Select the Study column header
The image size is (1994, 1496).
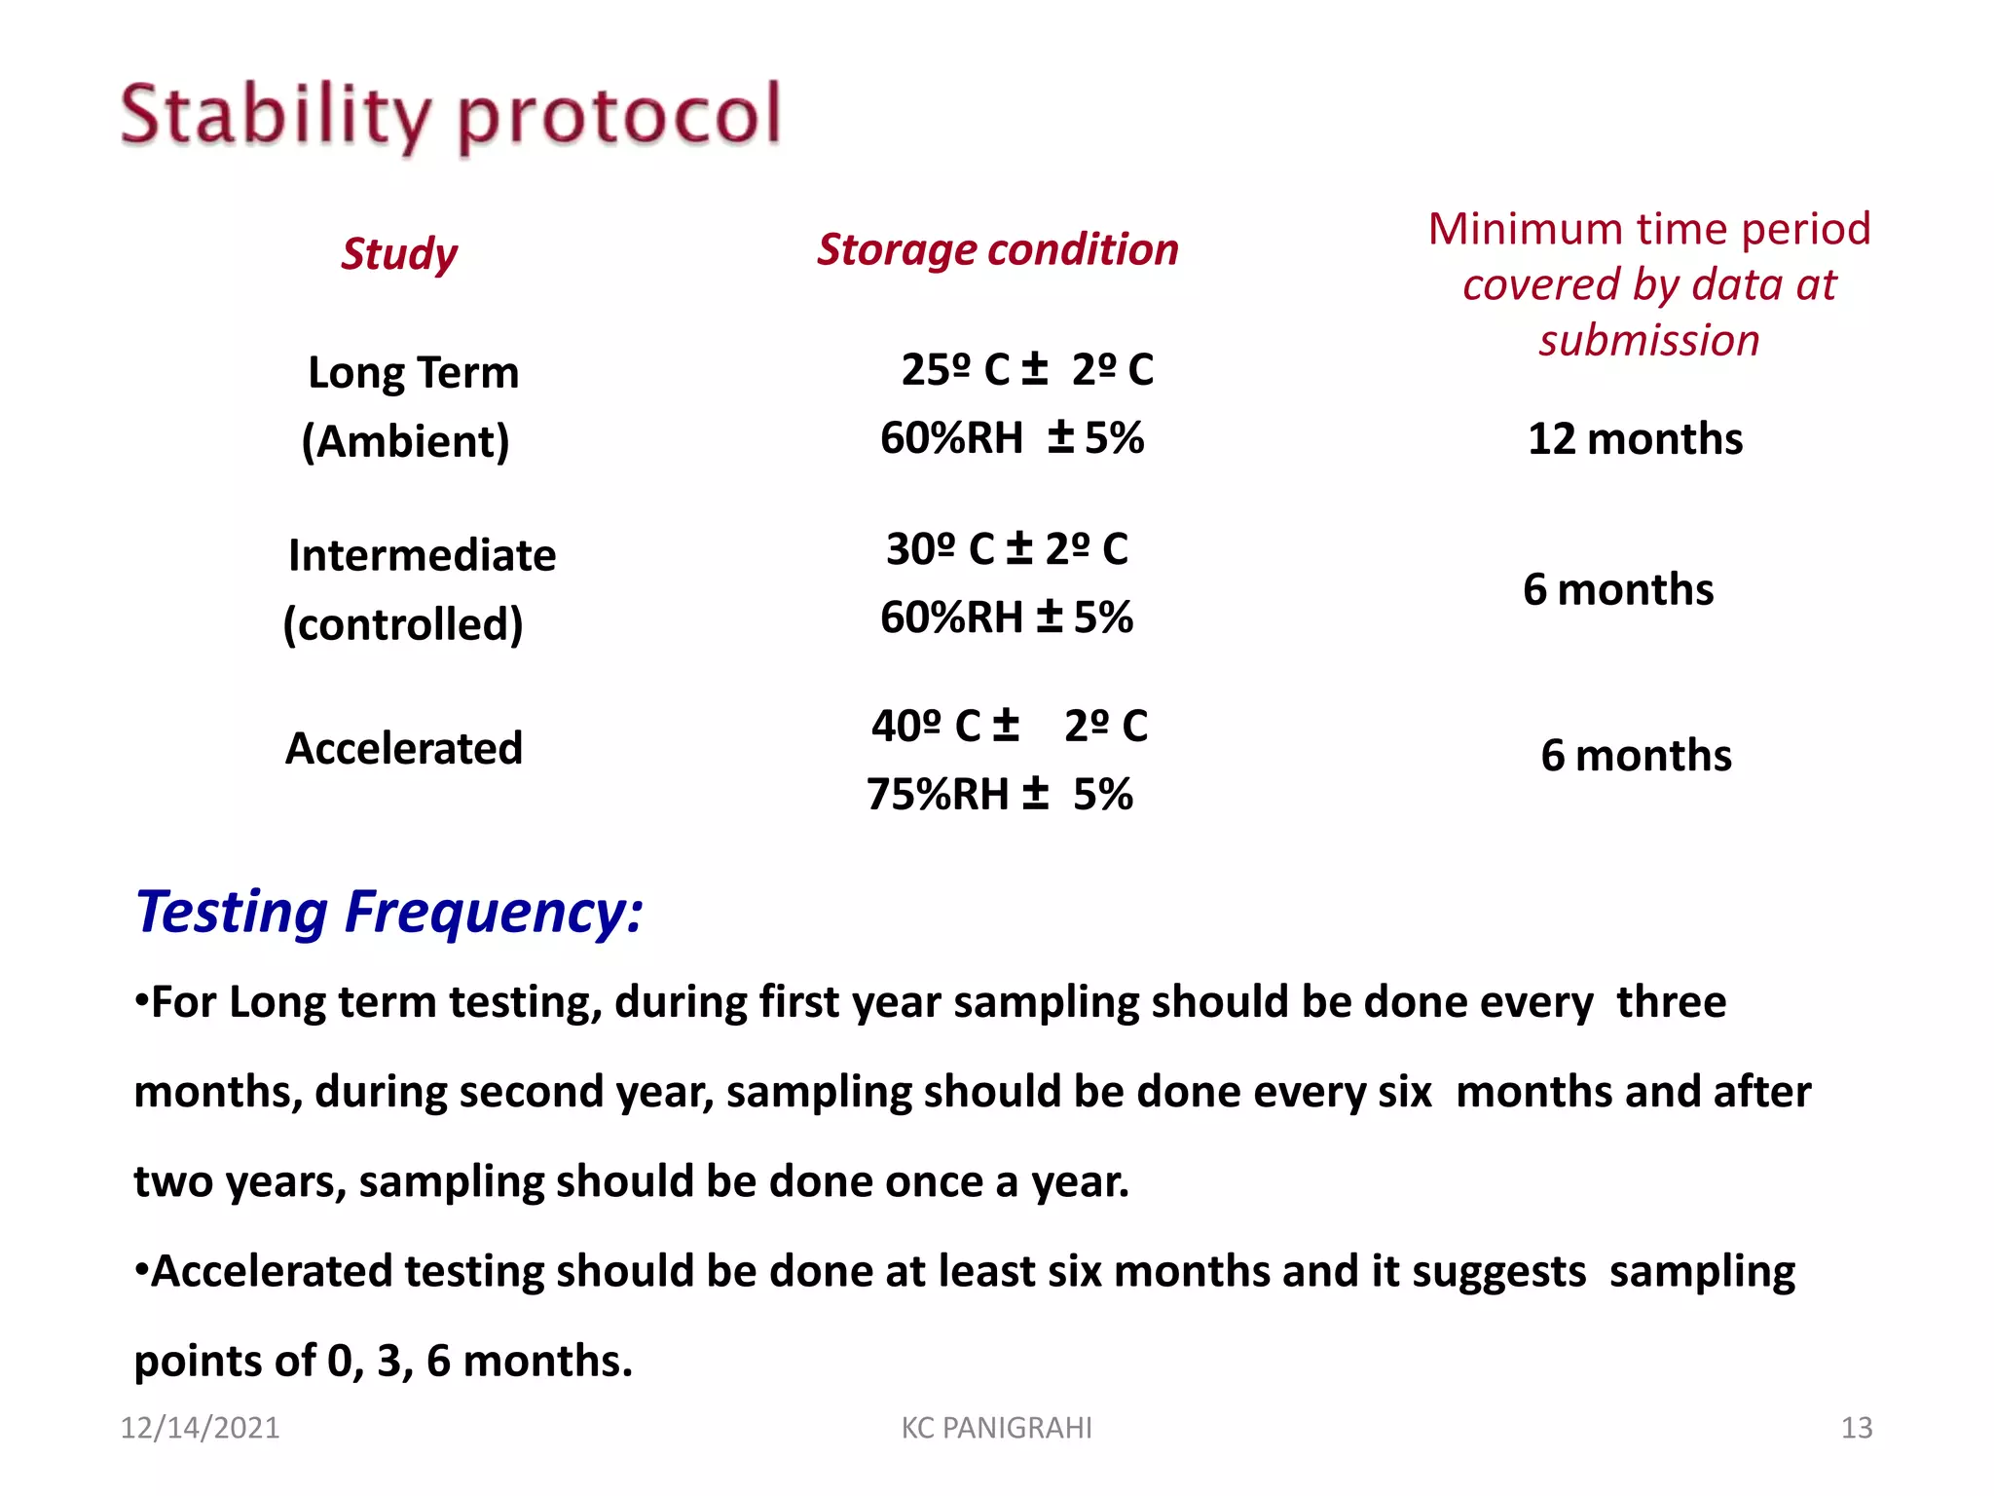399,253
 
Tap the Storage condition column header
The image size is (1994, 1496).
997,249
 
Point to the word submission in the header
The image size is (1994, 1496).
1648,341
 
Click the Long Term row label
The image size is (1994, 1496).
413,372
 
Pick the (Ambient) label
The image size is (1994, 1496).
405,441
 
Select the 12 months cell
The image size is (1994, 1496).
1635,438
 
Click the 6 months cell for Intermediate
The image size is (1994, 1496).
1618,589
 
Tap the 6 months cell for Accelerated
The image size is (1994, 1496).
1636,755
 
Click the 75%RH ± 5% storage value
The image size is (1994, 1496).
999,794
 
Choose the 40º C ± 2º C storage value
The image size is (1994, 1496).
1009,726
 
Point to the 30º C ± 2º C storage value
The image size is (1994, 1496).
1007,548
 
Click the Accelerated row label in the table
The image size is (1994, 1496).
403,748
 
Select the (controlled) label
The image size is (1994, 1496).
403,623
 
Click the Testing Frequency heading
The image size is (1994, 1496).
389,912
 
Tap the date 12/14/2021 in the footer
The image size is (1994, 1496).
200,1428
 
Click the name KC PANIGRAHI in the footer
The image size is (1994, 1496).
996,1428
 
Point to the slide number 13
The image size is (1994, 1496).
1856,1428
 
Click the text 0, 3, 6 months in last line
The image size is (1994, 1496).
479,1361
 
